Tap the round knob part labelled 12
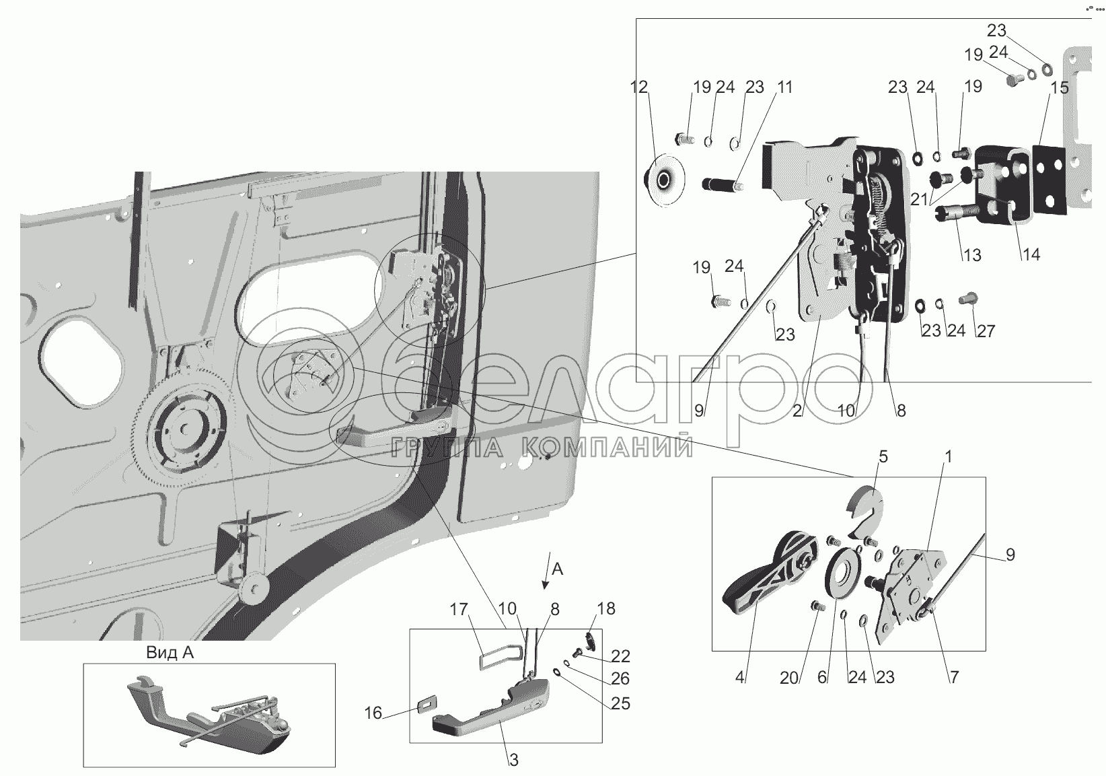[x=663, y=181]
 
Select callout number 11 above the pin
[x=784, y=87]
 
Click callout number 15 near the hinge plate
[x=1059, y=88]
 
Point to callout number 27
[x=985, y=331]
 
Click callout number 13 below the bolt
[x=972, y=255]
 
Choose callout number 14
[x=1031, y=254]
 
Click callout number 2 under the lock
[x=798, y=410]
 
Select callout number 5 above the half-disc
[x=883, y=457]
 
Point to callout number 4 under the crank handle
[x=740, y=677]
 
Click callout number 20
[x=789, y=677]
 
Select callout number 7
[x=953, y=677]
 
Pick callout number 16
[x=373, y=713]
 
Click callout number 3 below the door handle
[x=513, y=761]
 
